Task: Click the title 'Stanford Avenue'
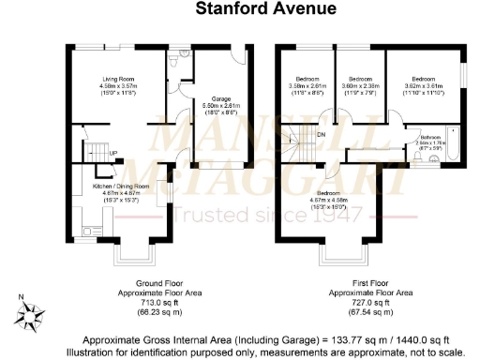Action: (x=239, y=9)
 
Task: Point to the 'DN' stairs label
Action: (x=321, y=133)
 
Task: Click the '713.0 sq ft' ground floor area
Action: (x=139, y=303)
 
